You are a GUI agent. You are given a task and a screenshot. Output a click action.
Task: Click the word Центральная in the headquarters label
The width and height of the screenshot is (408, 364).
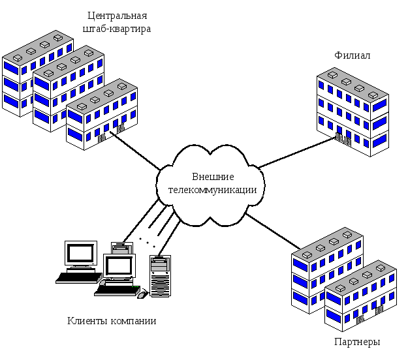(x=118, y=16)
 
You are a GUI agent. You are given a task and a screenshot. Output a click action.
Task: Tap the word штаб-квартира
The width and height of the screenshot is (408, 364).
(x=117, y=29)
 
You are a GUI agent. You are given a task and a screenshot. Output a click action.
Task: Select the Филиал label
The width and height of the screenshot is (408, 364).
(x=352, y=55)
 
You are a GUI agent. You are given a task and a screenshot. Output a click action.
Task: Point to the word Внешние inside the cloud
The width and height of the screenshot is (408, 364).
(x=213, y=177)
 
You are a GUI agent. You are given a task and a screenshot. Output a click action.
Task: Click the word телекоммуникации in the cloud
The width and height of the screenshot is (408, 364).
(x=212, y=190)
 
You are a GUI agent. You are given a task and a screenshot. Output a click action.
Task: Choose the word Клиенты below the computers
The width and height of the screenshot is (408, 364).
(x=87, y=321)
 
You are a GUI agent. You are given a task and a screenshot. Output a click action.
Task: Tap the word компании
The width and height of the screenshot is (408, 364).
(x=133, y=322)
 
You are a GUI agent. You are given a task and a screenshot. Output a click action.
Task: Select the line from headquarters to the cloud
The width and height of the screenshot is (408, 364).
(x=135, y=151)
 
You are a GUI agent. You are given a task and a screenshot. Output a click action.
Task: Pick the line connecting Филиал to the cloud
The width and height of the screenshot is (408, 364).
(x=296, y=153)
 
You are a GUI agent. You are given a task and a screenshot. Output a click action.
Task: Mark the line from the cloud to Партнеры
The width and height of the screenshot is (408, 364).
(x=272, y=231)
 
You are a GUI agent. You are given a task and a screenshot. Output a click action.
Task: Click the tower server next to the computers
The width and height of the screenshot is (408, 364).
(x=161, y=276)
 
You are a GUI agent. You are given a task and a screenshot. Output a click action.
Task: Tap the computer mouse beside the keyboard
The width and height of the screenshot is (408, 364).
(x=142, y=295)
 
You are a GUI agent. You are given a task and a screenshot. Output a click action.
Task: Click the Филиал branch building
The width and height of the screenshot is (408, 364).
(x=353, y=112)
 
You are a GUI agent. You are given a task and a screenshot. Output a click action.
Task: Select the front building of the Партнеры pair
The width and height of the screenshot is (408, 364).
(x=360, y=296)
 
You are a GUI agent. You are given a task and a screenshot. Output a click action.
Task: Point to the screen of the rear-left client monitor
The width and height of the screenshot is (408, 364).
(x=80, y=253)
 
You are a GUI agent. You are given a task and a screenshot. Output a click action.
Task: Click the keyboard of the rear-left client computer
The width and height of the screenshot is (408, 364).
(x=79, y=278)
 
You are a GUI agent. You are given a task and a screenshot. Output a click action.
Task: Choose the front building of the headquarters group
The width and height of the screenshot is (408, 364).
(x=102, y=114)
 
